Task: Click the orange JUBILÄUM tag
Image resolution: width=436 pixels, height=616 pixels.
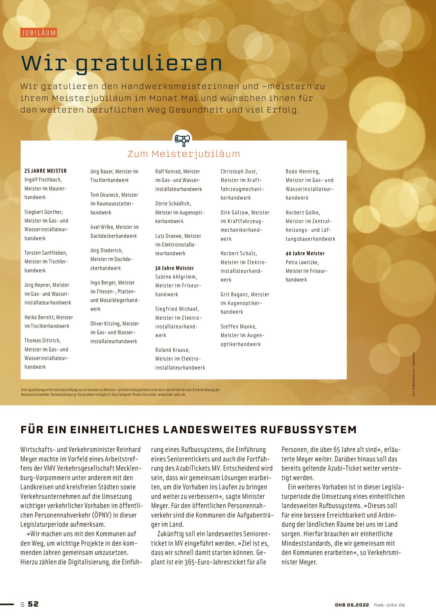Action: click(x=38, y=33)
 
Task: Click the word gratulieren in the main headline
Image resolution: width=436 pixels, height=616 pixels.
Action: click(x=149, y=63)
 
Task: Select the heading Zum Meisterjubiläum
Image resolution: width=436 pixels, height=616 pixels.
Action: click(x=183, y=154)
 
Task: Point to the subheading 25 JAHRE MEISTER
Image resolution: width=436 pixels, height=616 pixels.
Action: click(x=45, y=171)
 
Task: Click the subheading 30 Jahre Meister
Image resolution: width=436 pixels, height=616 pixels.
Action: click(x=174, y=268)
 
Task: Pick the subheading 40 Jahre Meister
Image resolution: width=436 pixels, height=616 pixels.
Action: click(x=305, y=253)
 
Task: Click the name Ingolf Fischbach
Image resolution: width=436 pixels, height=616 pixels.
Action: click(x=43, y=180)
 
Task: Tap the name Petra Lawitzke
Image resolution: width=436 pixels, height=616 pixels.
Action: click(x=302, y=262)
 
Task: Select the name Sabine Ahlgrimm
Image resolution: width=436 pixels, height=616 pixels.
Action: click(x=176, y=277)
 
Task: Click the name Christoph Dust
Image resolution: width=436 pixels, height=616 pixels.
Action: click(x=238, y=171)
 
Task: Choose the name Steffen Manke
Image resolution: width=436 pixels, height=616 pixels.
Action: click(x=238, y=327)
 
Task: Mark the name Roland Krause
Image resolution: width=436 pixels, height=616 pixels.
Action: click(x=172, y=350)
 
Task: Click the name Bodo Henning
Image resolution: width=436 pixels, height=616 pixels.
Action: click(x=302, y=171)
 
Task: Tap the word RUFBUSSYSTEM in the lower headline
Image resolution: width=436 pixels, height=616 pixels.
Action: click(x=308, y=430)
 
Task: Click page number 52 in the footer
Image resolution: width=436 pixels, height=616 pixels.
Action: click(x=33, y=604)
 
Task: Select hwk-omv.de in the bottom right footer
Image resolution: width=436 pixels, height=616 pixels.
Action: click(x=389, y=605)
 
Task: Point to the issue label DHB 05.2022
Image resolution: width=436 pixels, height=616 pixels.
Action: click(x=352, y=605)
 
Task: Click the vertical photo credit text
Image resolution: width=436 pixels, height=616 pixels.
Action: click(x=414, y=374)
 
